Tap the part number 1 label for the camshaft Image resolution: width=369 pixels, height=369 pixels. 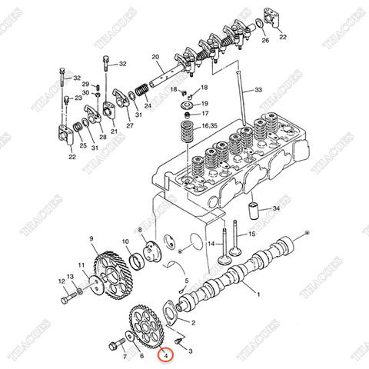pos(258,294)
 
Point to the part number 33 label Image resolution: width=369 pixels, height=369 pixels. pos(258,90)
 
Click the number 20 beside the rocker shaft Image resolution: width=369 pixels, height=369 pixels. pos(155,57)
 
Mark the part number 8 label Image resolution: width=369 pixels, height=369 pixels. pos(141,229)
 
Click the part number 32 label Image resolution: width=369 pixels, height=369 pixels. pos(77,78)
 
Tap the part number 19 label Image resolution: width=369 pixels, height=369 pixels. pos(204,103)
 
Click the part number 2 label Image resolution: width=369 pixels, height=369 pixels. pos(194,324)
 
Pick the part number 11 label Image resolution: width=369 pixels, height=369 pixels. pos(81,265)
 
